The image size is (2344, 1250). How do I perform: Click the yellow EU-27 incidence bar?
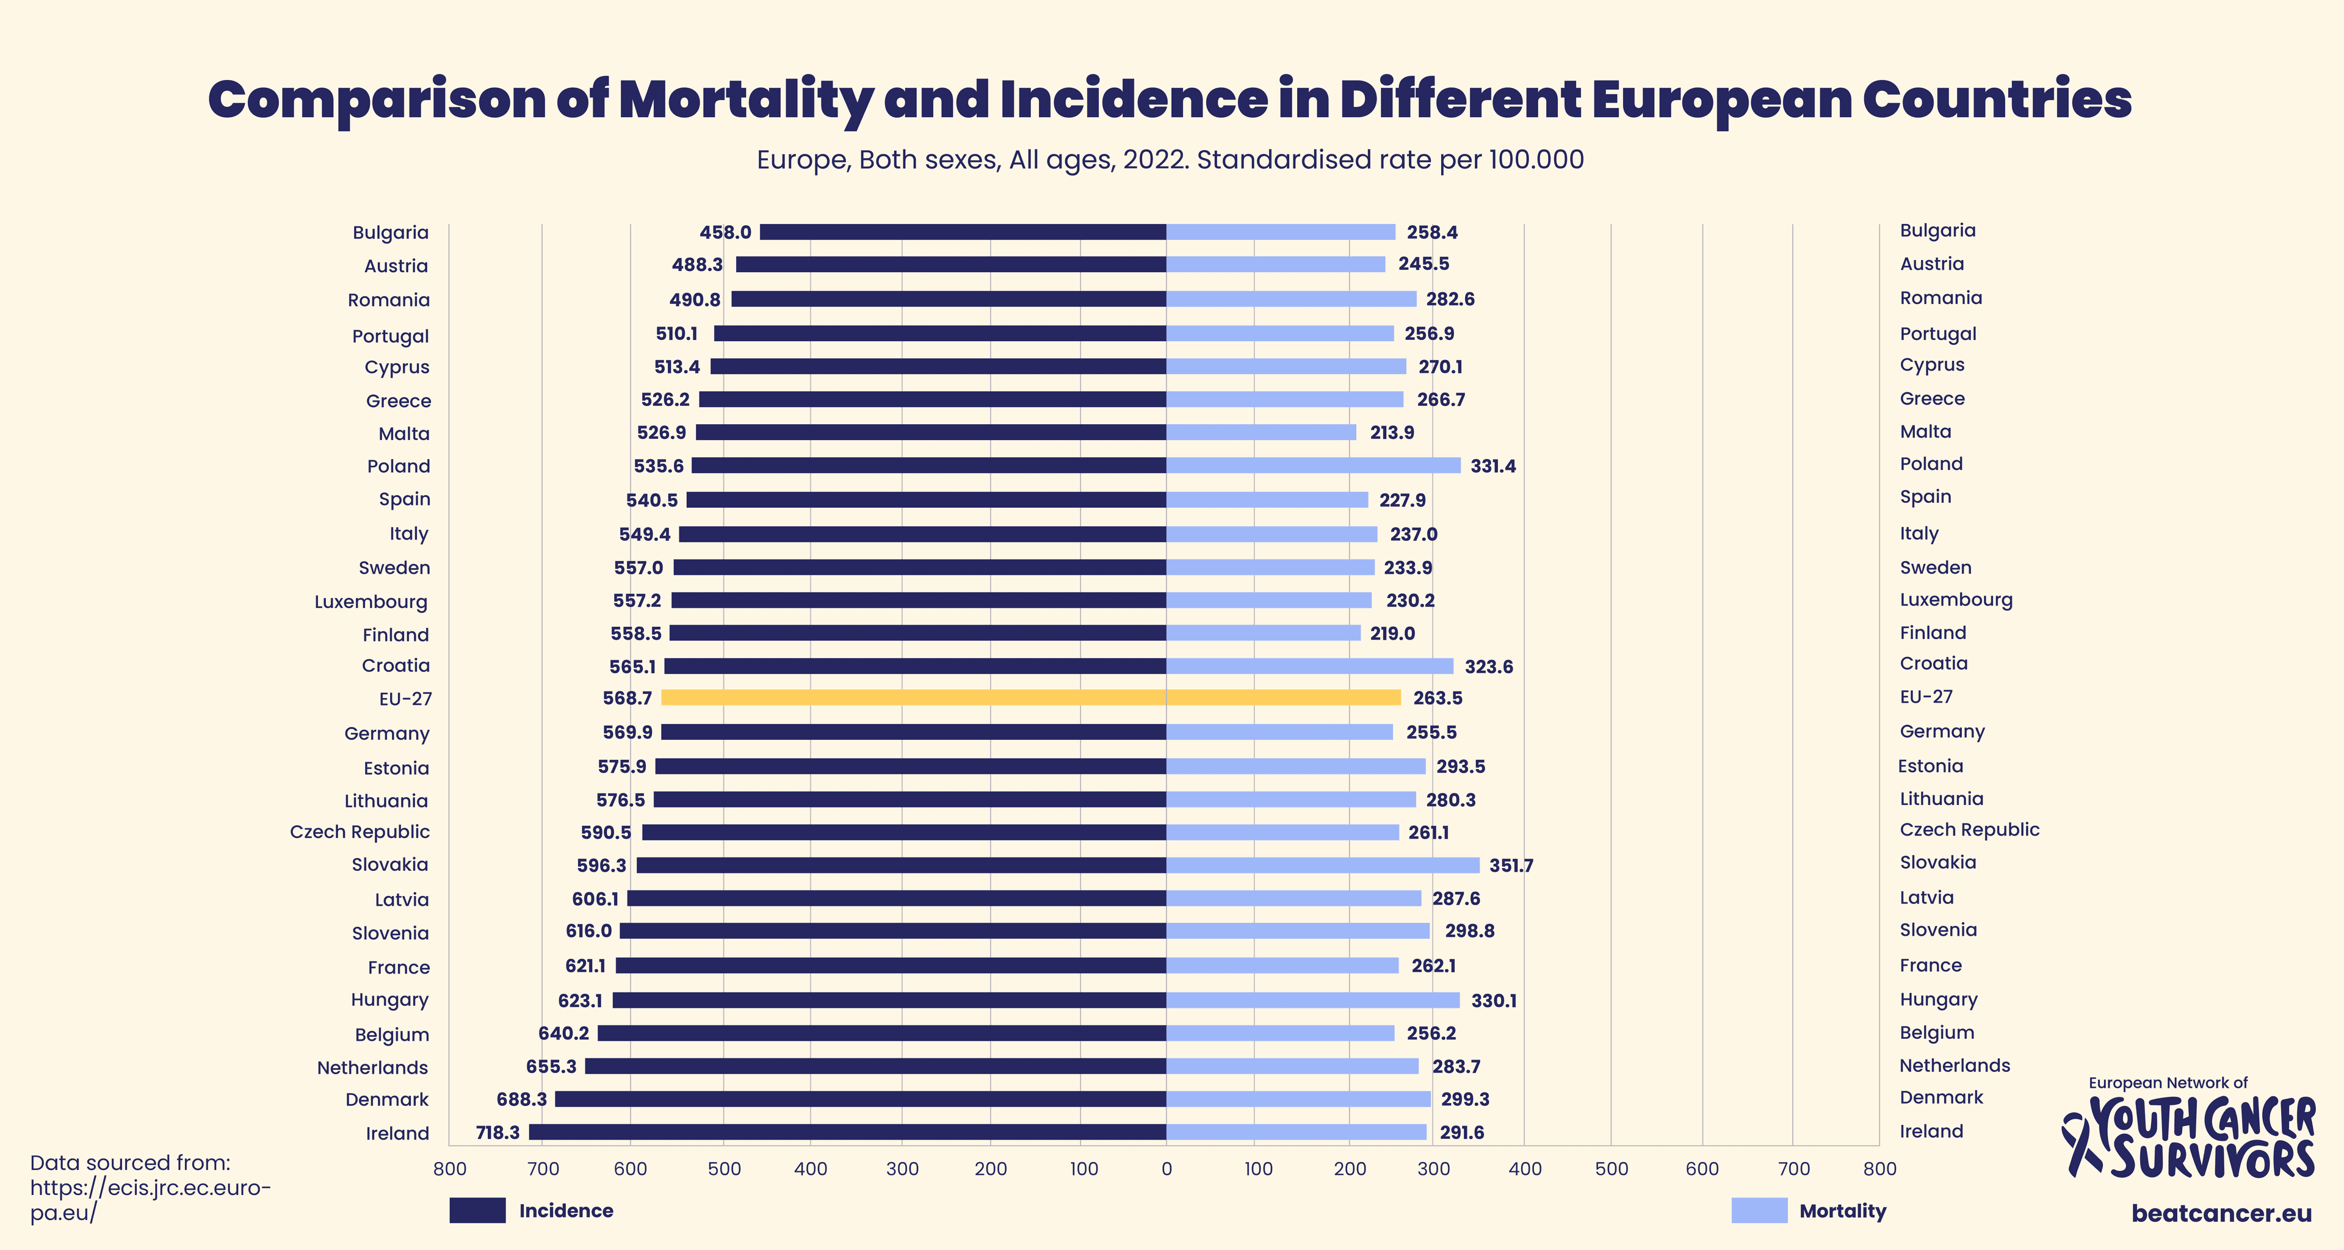pyautogui.click(x=914, y=698)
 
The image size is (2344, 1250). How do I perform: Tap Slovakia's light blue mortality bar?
pyautogui.click(x=1322, y=865)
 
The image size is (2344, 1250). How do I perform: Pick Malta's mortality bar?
pyautogui.click(x=1261, y=433)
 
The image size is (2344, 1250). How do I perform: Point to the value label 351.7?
pyautogui.click(x=1511, y=866)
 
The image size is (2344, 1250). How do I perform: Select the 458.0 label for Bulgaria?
pyautogui.click(x=725, y=232)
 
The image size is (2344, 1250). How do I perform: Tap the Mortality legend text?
pyautogui.click(x=1843, y=1211)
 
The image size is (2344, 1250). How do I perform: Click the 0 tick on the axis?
pyautogui.click(x=1167, y=1169)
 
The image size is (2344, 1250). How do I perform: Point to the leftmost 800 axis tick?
pyautogui.click(x=449, y=1169)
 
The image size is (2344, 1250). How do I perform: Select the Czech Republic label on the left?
pyautogui.click(x=360, y=831)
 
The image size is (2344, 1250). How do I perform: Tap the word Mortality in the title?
pyautogui.click(x=746, y=100)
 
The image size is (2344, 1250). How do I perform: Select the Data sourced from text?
pyautogui.click(x=130, y=1163)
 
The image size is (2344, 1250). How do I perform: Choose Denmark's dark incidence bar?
pyautogui.click(x=860, y=1099)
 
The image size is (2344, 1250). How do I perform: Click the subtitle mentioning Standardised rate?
pyautogui.click(x=1170, y=160)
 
